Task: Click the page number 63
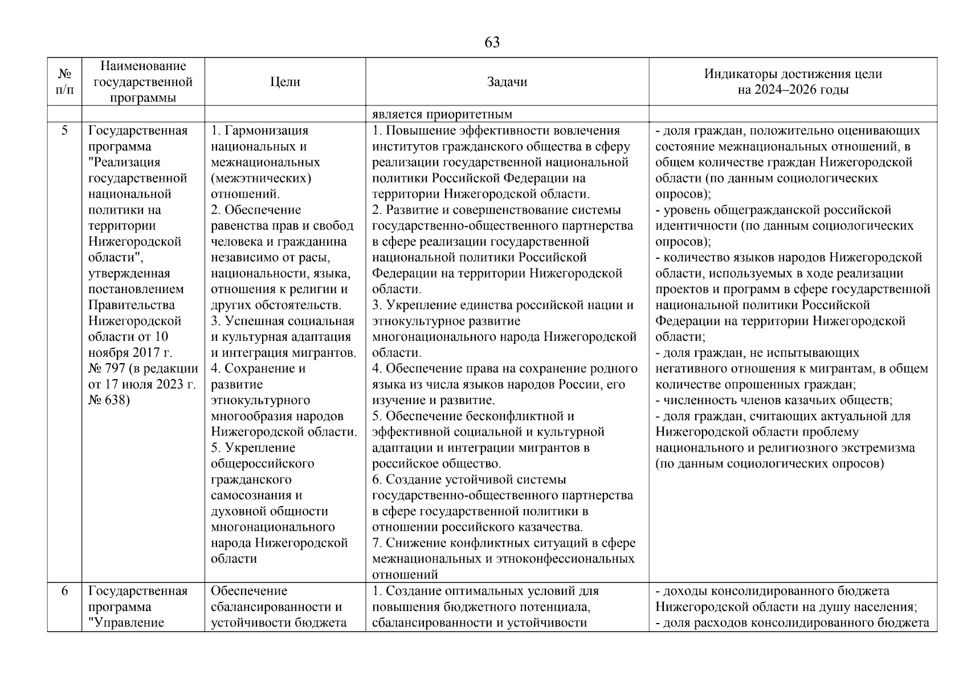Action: click(492, 42)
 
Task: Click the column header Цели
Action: click(285, 82)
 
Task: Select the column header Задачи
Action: click(507, 82)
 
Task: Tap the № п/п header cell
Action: click(64, 82)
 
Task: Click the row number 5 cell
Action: click(64, 131)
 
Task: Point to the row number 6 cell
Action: click(64, 591)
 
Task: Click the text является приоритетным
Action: click(442, 114)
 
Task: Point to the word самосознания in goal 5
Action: click(256, 495)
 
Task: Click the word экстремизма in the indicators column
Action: click(882, 448)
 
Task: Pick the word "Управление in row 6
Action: click(127, 622)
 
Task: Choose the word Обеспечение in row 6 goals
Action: click(249, 591)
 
